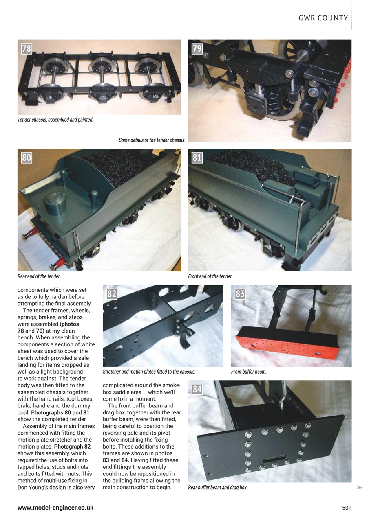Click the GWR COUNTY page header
click(323, 18)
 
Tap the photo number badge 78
click(27, 49)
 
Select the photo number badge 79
click(197, 49)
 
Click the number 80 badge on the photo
click(27, 158)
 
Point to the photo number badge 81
click(197, 158)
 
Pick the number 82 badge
click(112, 294)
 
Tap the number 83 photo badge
click(240, 294)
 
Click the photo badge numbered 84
click(197, 389)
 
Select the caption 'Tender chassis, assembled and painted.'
click(55, 120)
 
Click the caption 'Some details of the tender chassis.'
click(152, 140)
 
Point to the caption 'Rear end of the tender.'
click(39, 276)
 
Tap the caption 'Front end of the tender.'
click(210, 276)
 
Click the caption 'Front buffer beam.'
click(249, 372)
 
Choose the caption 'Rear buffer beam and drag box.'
click(218, 487)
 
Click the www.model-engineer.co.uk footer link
click(55, 508)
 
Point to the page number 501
click(346, 508)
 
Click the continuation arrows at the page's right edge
click(359, 487)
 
